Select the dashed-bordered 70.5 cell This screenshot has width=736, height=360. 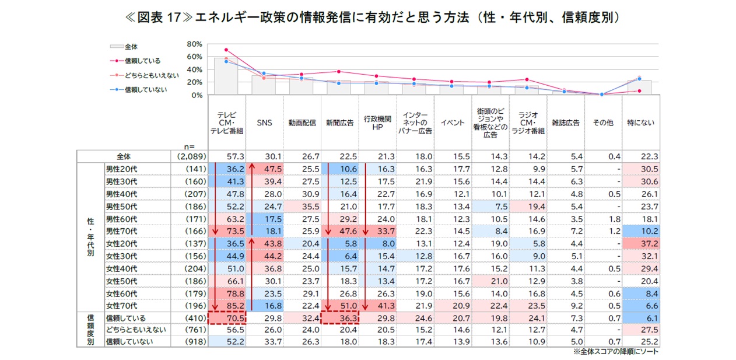(x=227, y=318)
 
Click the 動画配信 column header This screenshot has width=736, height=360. (x=302, y=123)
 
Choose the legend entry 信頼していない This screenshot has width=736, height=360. (x=145, y=89)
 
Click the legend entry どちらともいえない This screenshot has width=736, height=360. (x=151, y=75)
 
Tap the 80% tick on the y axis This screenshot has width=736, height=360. (x=194, y=44)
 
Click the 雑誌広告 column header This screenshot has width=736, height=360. (x=566, y=123)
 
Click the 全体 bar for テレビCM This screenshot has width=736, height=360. (x=227, y=76)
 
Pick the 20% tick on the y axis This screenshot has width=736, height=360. (x=194, y=82)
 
